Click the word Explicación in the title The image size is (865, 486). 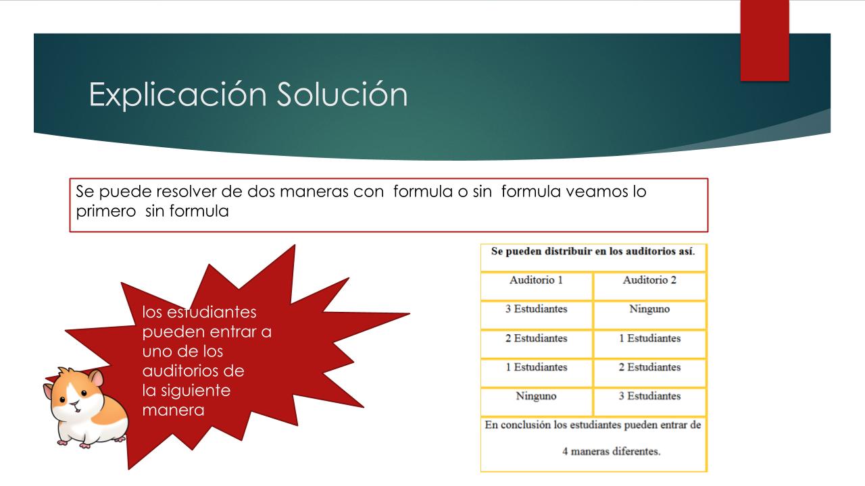[x=178, y=95]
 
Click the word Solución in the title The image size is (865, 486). [x=342, y=94]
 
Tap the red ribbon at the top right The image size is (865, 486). [x=764, y=40]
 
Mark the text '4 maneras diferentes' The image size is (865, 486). [x=612, y=452]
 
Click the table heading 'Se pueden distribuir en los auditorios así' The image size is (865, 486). [x=593, y=252]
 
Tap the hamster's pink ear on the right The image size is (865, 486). [x=96, y=378]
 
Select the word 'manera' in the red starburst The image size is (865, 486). [x=174, y=410]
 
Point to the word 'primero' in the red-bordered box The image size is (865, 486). [x=106, y=212]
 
